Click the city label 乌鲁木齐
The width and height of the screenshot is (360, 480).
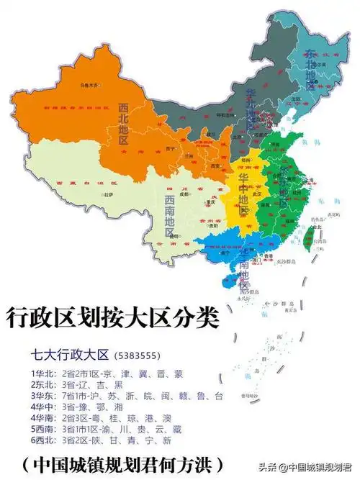point(89,84)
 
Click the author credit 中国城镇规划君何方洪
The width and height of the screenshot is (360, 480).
point(122,461)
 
